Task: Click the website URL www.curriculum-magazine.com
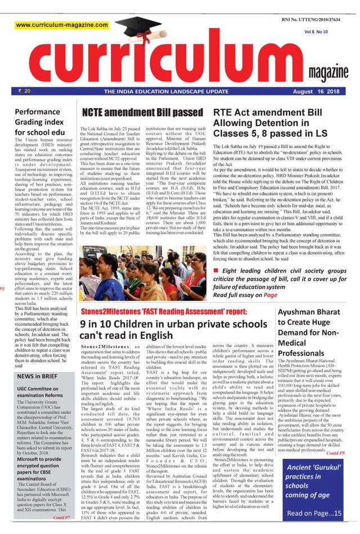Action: pos(62,26)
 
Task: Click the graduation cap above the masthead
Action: pos(138,28)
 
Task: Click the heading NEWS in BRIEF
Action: pos(38,376)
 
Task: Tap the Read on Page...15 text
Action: pos(314,513)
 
